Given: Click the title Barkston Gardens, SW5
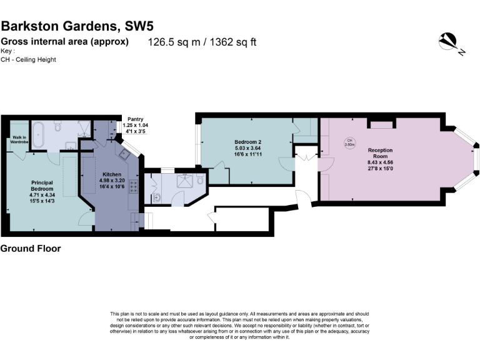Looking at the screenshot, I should pos(77,26).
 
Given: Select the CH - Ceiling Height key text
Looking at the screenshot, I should pos(29,59).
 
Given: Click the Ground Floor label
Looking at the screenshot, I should pos(31,248).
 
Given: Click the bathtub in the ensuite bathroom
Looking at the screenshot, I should pos(37,133).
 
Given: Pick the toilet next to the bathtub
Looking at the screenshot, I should pos(57,128).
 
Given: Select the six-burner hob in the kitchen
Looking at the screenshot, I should pos(133,186).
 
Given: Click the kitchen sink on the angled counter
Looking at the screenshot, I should pos(122,156).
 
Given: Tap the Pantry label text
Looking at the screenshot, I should pos(136,119).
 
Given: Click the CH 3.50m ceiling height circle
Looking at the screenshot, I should pos(350,142).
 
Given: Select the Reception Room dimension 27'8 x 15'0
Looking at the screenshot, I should pos(380,168).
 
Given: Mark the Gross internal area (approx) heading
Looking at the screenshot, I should pos(65,42).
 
